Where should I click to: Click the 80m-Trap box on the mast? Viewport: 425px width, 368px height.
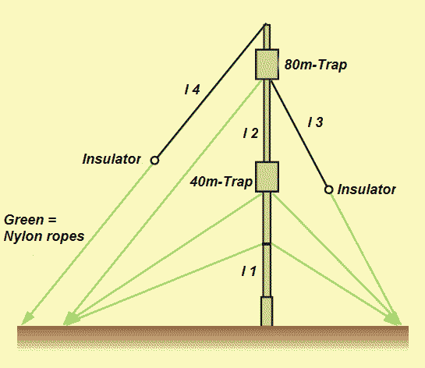[267, 64]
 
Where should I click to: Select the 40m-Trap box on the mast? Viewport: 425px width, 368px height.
[267, 177]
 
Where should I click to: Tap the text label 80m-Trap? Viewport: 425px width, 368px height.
[316, 65]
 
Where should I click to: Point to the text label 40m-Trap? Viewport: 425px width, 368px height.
[221, 182]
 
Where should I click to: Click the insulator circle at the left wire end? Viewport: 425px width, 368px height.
[154, 161]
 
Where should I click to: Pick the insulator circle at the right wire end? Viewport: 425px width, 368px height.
[328, 189]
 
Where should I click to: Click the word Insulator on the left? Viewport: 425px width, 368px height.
[112, 159]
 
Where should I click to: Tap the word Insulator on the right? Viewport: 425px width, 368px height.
[367, 189]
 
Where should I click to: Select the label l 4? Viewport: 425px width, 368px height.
[192, 90]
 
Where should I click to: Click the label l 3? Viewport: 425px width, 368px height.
[316, 122]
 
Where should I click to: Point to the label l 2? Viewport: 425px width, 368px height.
[251, 133]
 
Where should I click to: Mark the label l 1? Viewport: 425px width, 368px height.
[249, 271]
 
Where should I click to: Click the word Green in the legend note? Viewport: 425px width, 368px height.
[24, 220]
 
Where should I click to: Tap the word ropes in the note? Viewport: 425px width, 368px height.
[66, 237]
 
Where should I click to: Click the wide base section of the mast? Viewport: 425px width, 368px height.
[267, 311]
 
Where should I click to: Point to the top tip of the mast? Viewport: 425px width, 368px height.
[267, 24]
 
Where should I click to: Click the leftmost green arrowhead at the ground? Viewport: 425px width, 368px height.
[27, 318]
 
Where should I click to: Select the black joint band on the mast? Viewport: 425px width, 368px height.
[267, 244]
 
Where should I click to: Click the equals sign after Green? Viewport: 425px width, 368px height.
[51, 220]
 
